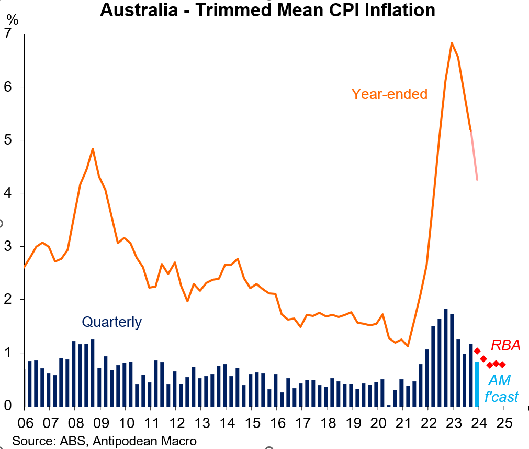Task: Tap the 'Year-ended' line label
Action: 389,94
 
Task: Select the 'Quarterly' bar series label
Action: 111,322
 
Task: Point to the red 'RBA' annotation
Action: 505,345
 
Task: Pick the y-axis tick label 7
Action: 7,34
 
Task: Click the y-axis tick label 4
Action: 7,193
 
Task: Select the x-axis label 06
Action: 25,423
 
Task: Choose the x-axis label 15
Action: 252,423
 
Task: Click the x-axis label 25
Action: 503,423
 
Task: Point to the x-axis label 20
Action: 378,423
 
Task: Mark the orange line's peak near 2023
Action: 452,43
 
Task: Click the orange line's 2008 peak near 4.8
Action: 93,149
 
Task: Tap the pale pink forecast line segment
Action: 474,156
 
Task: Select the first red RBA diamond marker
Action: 477,351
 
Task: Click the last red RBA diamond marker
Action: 502,365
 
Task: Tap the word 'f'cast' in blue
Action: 501,396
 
